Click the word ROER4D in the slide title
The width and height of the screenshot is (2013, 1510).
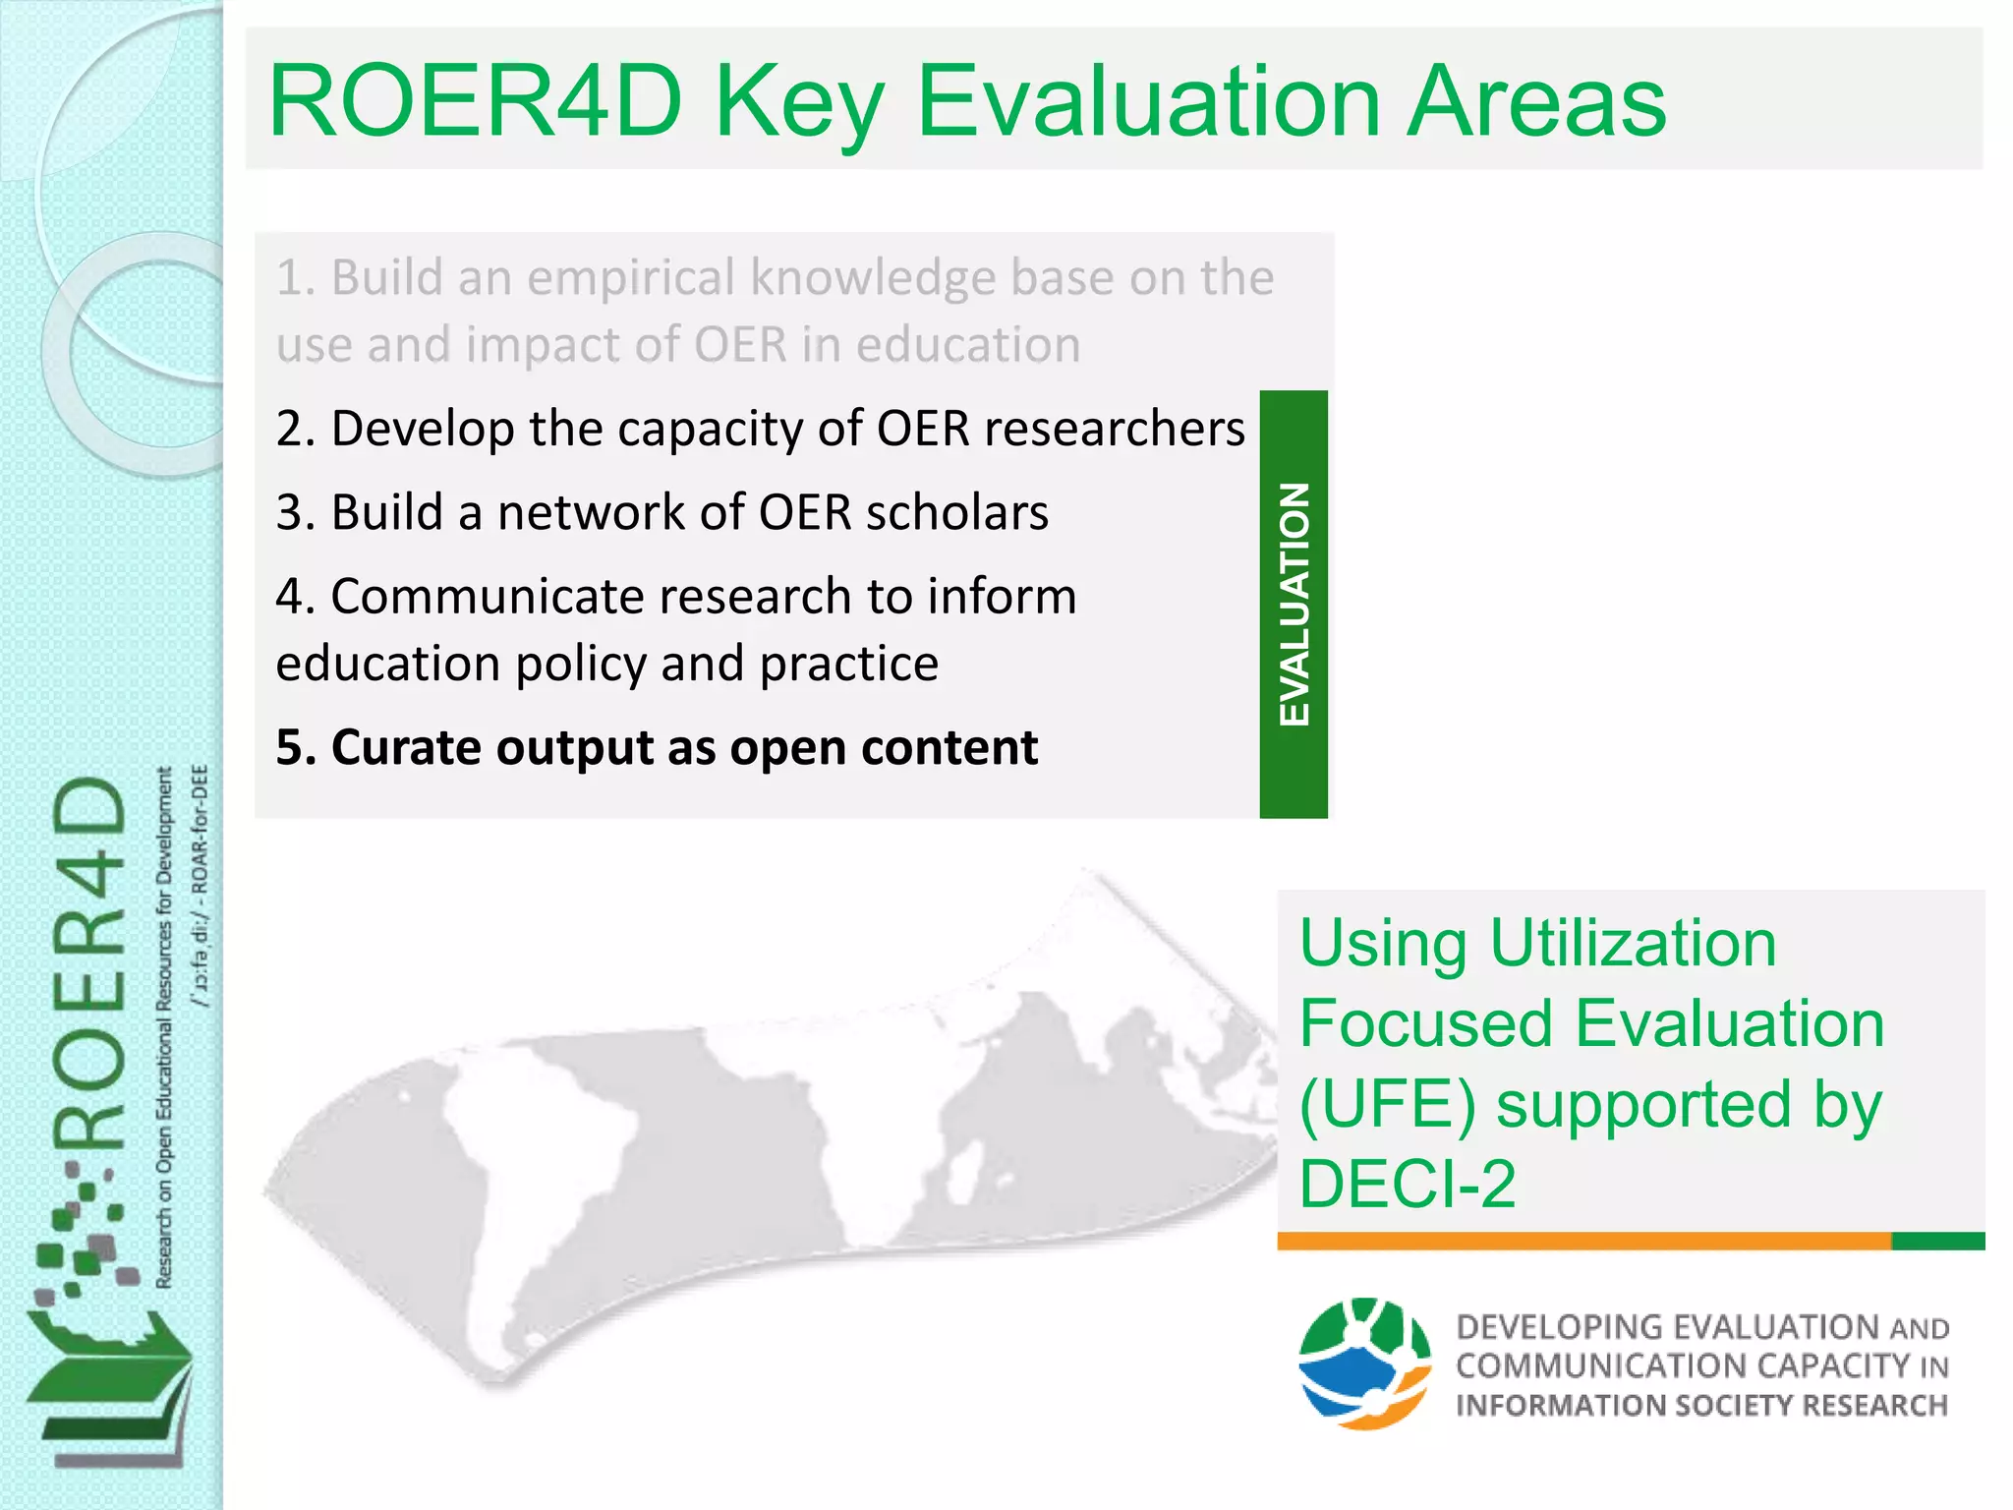coord(475,101)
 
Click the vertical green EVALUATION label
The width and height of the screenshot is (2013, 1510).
coord(1294,604)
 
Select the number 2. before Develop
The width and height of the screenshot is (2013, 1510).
coord(295,430)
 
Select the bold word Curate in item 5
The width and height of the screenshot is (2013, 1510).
coord(392,748)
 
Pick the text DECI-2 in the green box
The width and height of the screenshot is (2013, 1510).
coord(1408,1184)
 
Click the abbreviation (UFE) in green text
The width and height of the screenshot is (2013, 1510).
coord(1387,1104)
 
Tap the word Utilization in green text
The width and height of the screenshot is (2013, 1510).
coord(1633,943)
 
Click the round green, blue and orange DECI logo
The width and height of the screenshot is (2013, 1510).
coord(1364,1364)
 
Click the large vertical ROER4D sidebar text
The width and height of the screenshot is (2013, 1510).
coord(90,963)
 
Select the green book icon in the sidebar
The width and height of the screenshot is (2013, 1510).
coord(108,1386)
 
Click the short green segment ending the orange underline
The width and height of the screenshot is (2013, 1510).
coord(1937,1241)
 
